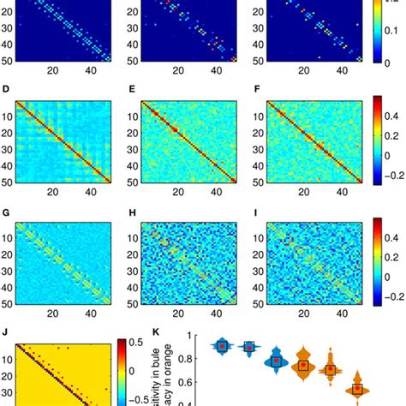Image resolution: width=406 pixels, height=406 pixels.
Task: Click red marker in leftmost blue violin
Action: (x=222, y=345)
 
